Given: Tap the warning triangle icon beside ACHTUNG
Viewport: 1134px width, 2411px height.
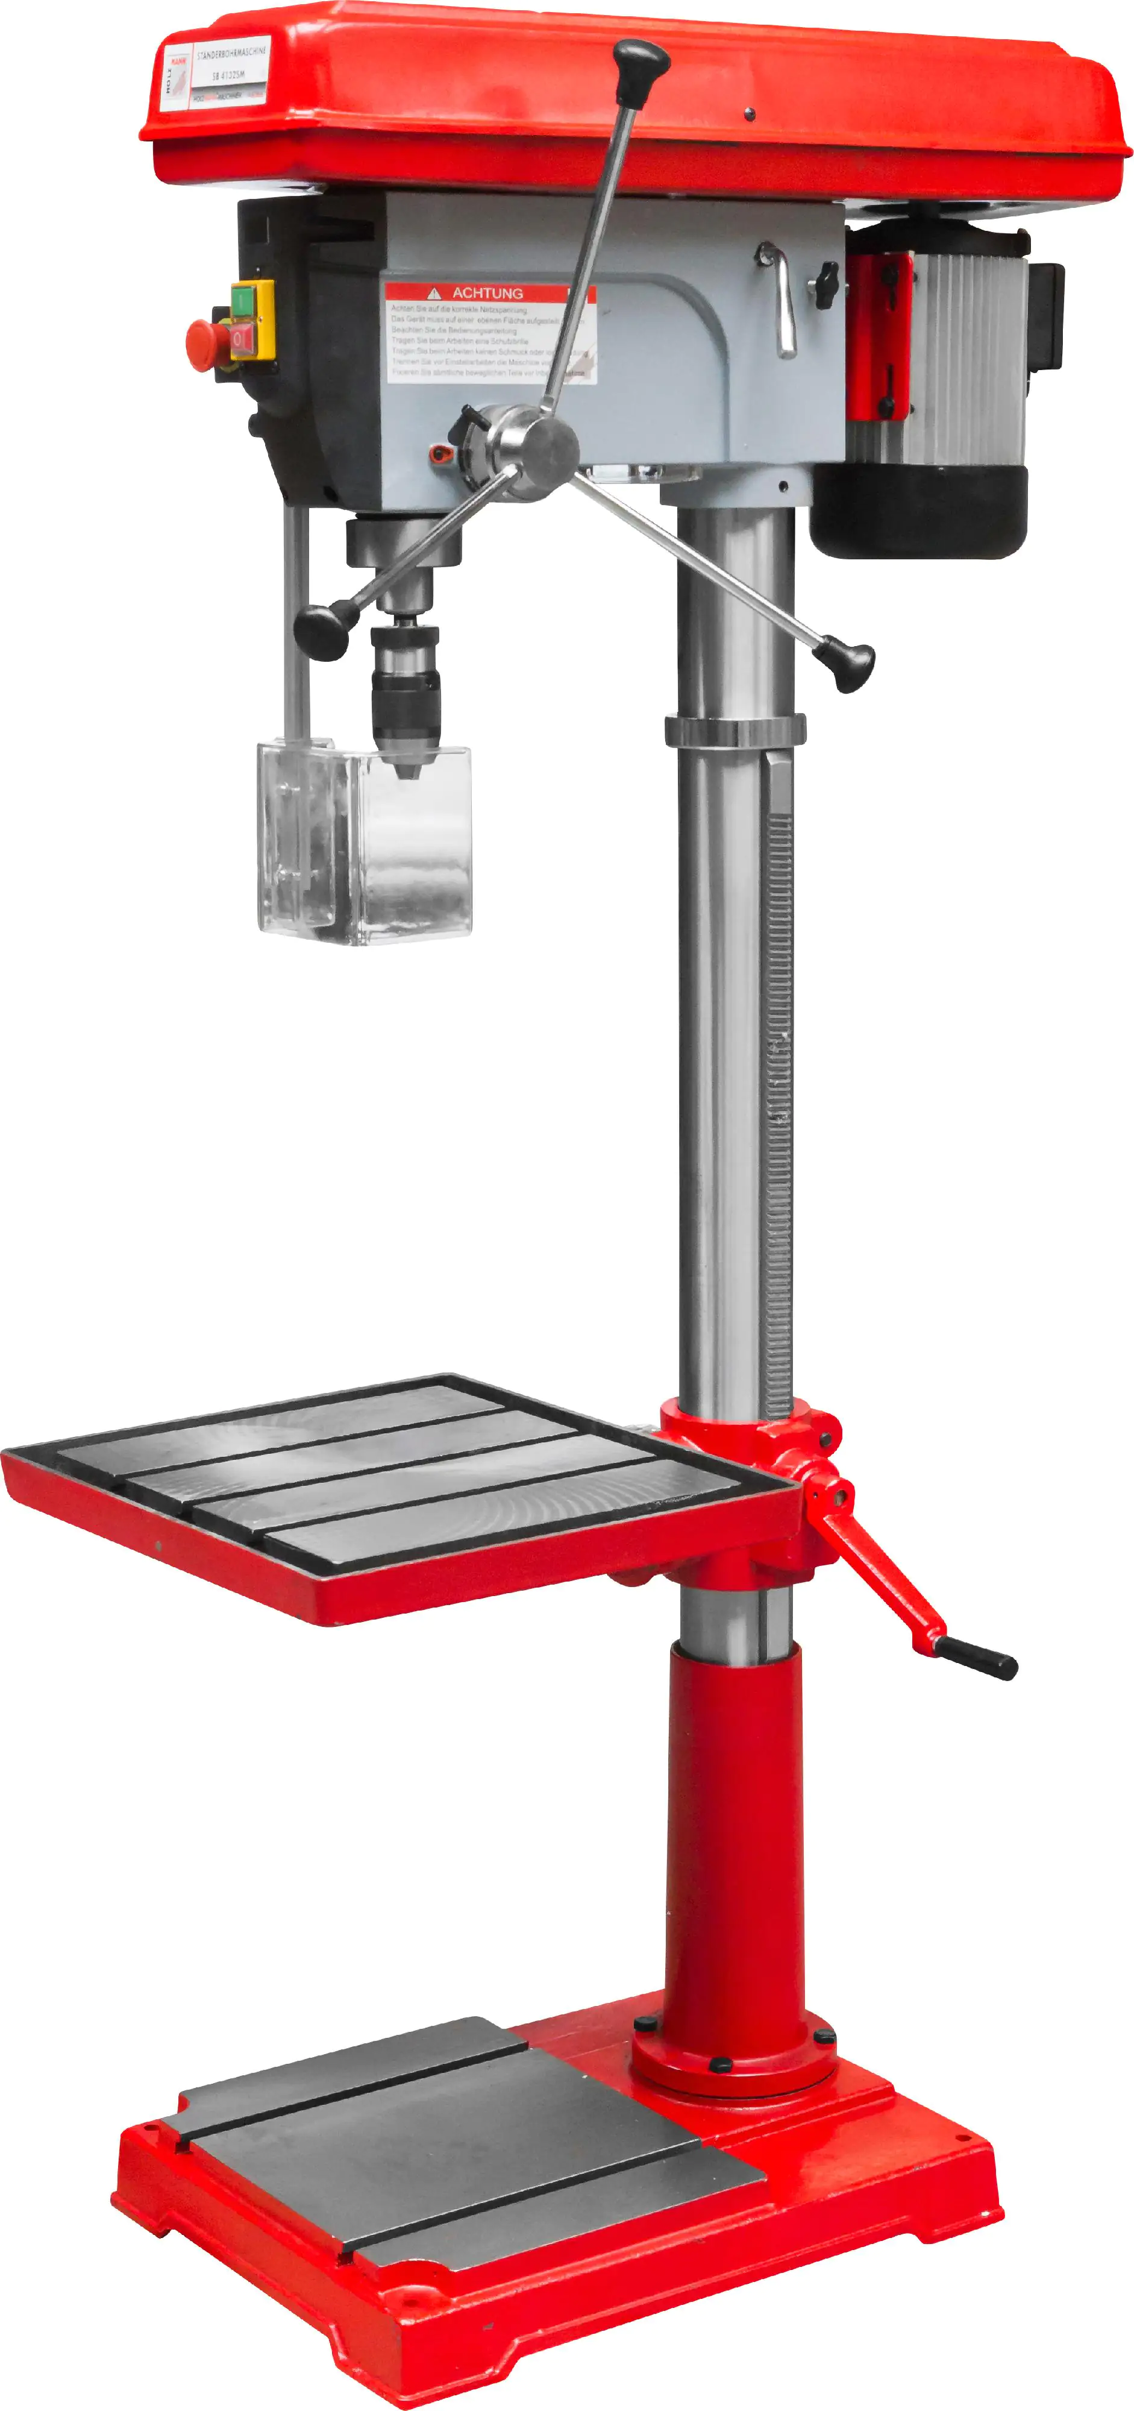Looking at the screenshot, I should (x=433, y=293).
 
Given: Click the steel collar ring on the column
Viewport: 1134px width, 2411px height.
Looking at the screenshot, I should (x=735, y=730).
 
